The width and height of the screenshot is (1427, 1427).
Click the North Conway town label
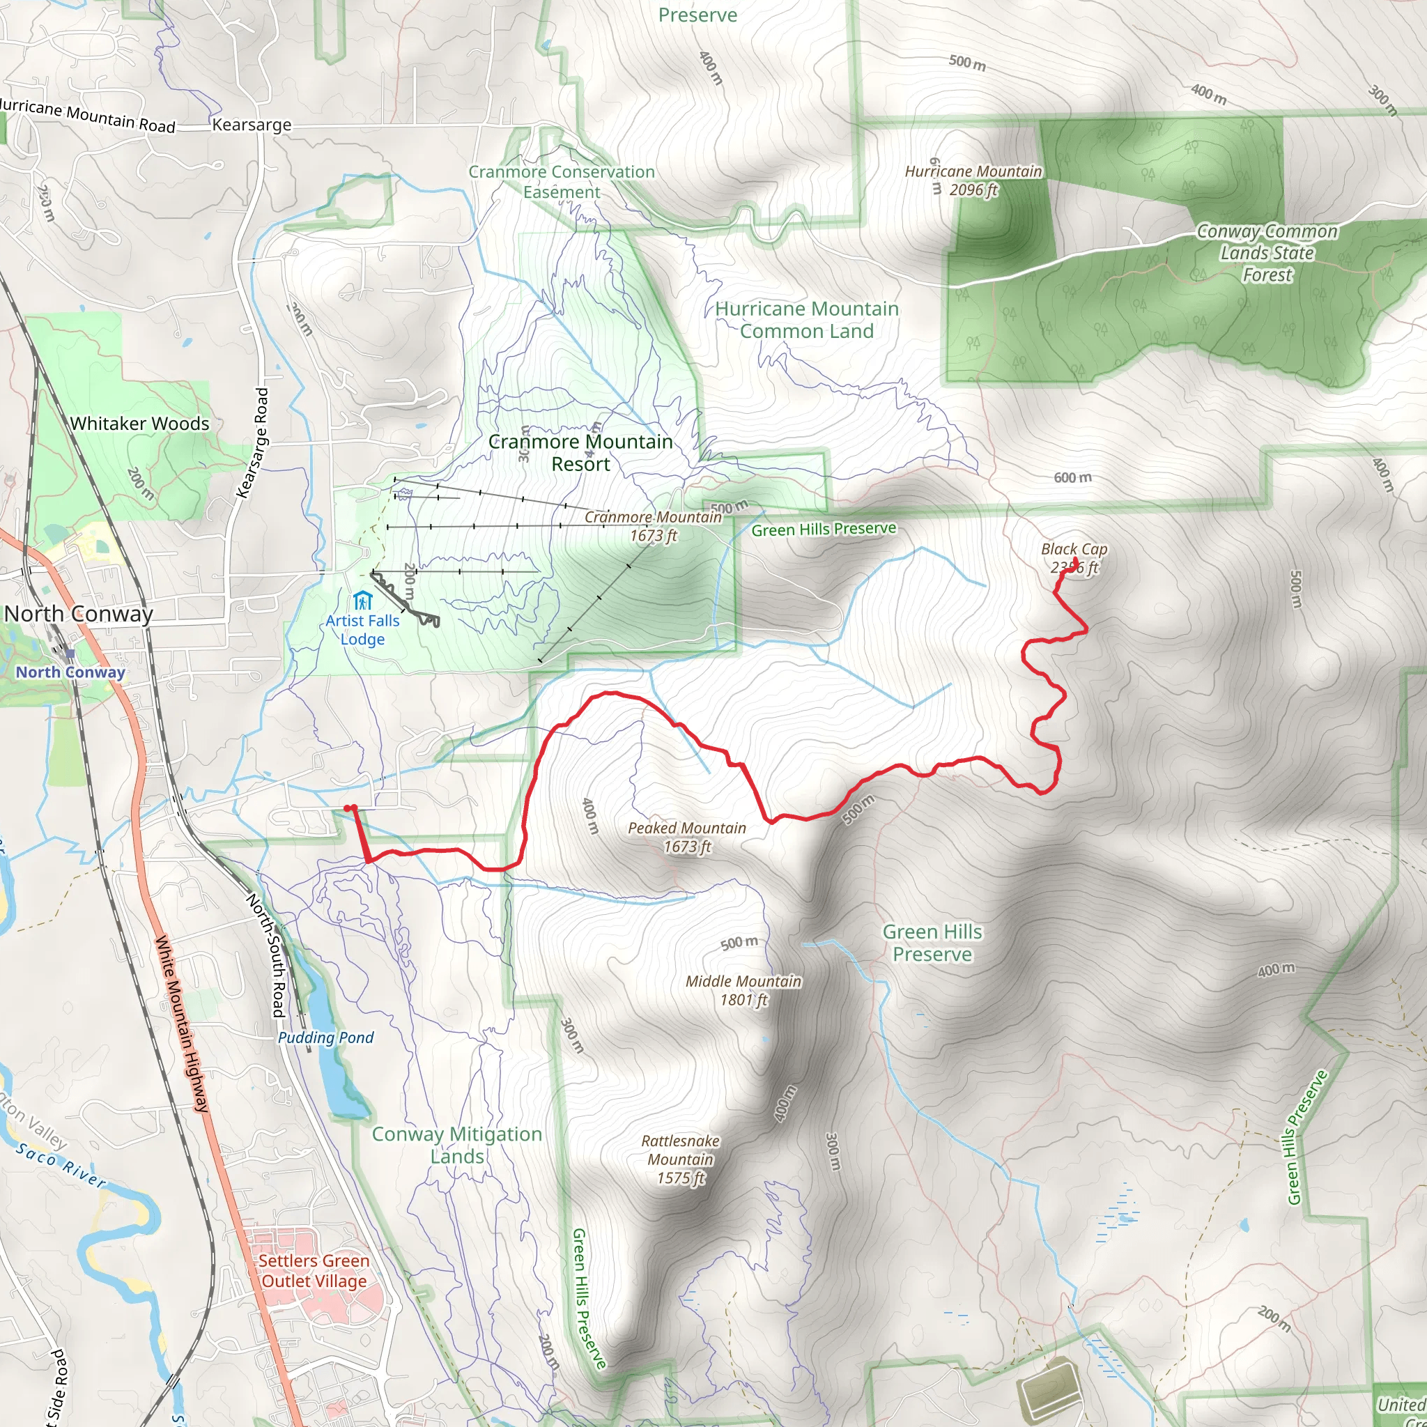78,614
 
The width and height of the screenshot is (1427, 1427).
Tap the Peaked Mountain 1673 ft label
687,837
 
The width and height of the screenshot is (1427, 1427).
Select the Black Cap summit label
1074,557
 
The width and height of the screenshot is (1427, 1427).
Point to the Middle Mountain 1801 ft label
743,989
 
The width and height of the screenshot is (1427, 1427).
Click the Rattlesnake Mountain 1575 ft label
680,1159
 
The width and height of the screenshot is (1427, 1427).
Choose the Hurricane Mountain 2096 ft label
973,180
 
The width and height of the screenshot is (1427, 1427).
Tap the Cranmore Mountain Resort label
580,452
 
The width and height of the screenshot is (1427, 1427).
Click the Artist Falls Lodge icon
362,600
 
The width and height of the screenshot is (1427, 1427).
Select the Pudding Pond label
325,1038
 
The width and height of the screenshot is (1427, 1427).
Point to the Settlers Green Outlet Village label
314,1270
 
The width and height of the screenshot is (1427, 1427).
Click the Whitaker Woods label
139,424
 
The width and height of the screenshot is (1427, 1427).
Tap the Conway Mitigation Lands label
456,1145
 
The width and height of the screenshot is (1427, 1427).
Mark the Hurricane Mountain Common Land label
807,320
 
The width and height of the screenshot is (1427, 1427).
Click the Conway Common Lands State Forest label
1267,254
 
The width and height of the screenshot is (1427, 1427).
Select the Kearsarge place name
252,125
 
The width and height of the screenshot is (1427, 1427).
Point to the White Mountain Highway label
182,1023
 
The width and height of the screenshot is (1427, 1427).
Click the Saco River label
61,1165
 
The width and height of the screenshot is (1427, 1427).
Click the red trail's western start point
347,809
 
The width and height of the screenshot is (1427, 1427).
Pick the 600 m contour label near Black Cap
1072,478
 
